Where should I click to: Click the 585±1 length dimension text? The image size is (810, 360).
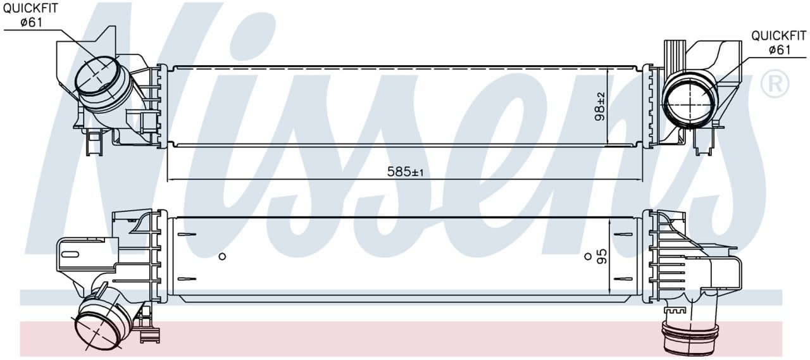click(405, 171)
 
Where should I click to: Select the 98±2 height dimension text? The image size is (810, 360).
click(600, 106)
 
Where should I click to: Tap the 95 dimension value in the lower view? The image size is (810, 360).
click(602, 256)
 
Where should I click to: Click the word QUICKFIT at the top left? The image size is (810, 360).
click(30, 8)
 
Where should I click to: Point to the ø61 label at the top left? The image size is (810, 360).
click(32, 22)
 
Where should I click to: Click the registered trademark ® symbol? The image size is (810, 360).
click(775, 84)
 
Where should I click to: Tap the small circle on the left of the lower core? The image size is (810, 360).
click(222, 256)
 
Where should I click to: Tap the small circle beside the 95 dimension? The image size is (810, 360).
click(588, 256)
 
